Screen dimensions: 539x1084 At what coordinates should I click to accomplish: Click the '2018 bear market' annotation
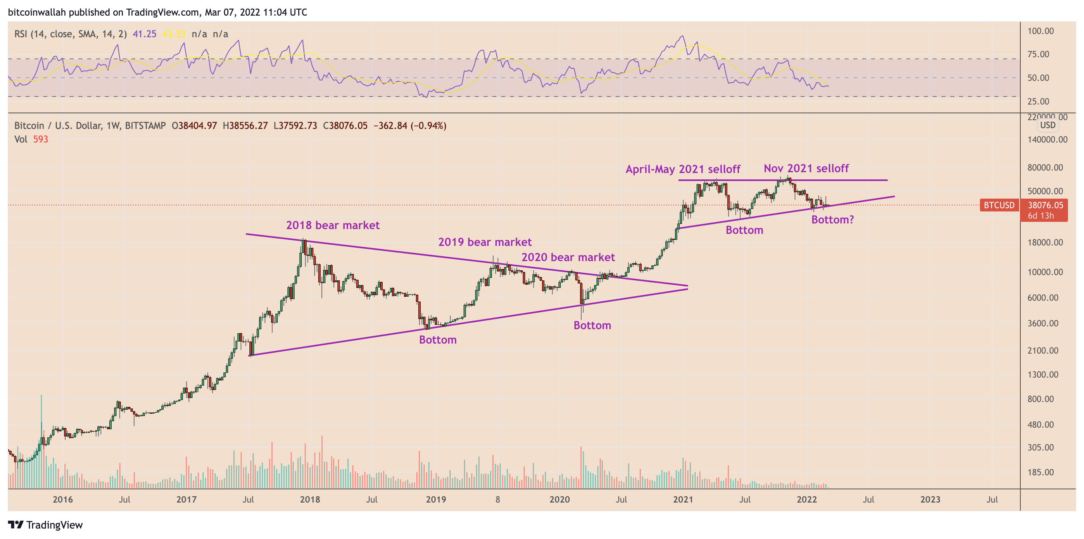(x=332, y=225)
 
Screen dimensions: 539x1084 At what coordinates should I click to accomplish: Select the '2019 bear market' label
(x=485, y=242)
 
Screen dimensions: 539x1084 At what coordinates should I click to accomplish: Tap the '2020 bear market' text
(x=568, y=257)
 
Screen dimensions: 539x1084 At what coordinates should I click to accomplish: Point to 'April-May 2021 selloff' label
(x=683, y=169)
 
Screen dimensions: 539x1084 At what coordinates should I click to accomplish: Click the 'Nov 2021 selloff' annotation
(x=806, y=169)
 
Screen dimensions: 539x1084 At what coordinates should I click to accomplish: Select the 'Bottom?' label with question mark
(x=832, y=220)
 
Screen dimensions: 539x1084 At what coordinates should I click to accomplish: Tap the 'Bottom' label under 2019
(x=438, y=340)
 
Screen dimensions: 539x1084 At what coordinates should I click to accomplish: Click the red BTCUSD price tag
(x=999, y=205)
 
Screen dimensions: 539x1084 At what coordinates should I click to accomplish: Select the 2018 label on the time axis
(x=310, y=500)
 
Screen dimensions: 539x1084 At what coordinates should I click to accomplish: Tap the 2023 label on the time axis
(x=930, y=500)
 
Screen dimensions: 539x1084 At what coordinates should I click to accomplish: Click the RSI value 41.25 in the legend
(x=145, y=34)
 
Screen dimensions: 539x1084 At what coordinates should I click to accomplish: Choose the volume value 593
(x=40, y=139)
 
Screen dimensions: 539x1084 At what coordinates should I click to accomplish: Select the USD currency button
(x=1048, y=125)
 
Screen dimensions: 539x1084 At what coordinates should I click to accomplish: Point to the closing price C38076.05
(x=345, y=126)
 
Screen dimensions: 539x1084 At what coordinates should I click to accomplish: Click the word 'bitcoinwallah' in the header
(x=36, y=12)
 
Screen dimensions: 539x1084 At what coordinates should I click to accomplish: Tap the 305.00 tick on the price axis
(x=1040, y=448)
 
